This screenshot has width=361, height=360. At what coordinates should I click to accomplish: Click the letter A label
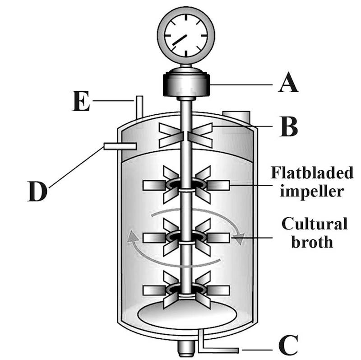(x=288, y=84)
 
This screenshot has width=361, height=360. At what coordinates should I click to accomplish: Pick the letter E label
(x=81, y=103)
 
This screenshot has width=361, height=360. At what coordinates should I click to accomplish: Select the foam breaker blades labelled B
(x=186, y=135)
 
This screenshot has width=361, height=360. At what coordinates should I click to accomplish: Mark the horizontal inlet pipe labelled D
(x=120, y=146)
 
